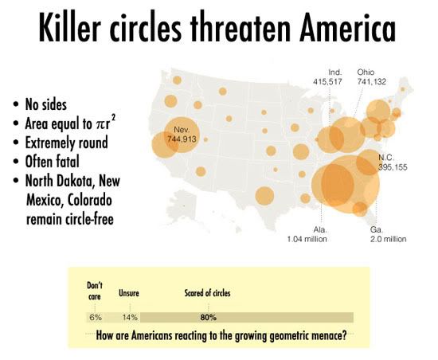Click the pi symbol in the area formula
(100, 124)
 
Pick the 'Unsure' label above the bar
(129, 292)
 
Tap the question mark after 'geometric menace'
(344, 335)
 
